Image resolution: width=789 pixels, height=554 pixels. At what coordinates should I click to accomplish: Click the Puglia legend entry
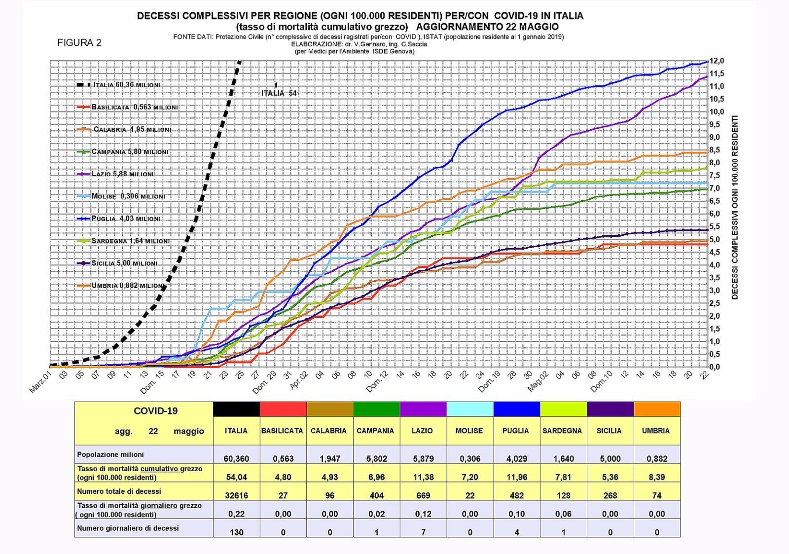point(125,219)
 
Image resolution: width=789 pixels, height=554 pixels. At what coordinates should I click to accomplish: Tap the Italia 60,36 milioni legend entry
point(126,85)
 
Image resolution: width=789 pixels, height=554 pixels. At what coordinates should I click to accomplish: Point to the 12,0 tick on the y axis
point(717,61)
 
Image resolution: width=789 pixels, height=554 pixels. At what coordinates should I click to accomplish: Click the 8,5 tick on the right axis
point(717,150)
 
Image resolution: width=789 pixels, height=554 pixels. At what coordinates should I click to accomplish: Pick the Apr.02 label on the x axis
point(299,380)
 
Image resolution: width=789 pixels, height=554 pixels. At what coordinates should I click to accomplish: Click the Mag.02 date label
point(538,381)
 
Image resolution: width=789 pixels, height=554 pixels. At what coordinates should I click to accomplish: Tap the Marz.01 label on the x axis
point(41,383)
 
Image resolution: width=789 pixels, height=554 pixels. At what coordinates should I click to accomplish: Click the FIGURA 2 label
point(79,43)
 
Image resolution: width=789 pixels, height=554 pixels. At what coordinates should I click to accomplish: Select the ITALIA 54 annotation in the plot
point(279,93)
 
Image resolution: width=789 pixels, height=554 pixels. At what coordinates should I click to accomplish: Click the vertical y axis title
point(735,207)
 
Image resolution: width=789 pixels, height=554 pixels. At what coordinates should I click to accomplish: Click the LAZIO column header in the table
point(422,431)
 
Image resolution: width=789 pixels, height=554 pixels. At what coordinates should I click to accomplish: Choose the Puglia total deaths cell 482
point(516,495)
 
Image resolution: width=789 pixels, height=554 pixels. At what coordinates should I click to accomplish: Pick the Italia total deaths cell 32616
point(236,495)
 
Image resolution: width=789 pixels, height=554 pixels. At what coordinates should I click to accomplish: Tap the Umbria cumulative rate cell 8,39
point(656,477)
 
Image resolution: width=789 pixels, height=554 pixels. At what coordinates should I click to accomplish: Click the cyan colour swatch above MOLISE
point(469,409)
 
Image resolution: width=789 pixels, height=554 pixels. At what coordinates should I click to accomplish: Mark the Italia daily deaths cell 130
point(236,532)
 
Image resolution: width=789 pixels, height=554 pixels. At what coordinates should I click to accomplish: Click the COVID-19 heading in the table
point(155,411)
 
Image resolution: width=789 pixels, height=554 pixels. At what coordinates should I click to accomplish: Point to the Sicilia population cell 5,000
point(610,458)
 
